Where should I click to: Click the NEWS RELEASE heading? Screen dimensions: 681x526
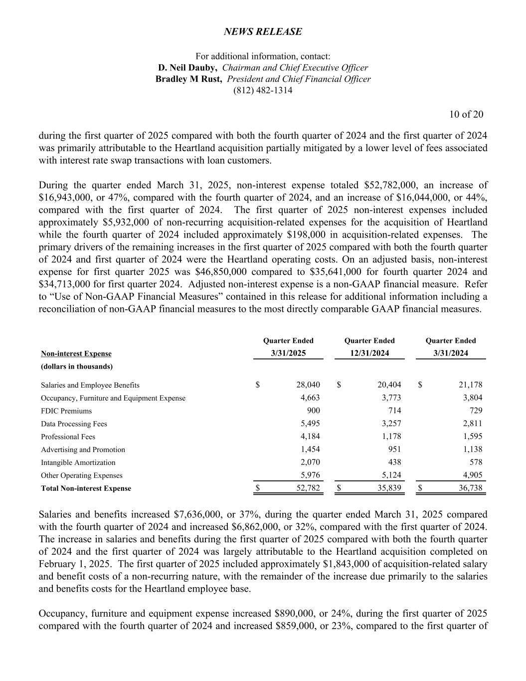tap(263, 32)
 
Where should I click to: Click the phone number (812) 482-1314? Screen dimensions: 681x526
tap(263, 91)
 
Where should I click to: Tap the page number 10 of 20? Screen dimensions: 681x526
tap(466, 115)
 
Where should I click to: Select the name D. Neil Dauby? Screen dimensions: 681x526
tap(187, 68)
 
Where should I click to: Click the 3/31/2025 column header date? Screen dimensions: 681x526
tap(288, 353)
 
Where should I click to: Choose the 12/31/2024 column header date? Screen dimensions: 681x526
tap(369, 353)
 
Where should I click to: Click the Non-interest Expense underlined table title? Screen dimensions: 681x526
tap(76, 354)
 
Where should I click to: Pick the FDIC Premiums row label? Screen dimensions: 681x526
tap(66, 411)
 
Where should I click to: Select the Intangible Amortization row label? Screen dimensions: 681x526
tap(78, 462)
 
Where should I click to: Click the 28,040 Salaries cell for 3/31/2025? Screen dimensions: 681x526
tap(308, 385)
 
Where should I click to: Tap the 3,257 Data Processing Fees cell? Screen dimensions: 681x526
tap(390, 424)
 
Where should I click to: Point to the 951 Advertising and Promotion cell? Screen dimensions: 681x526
tap(394, 450)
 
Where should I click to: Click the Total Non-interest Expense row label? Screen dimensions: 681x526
tap(86, 488)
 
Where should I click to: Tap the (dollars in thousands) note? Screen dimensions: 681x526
tap(77, 367)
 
